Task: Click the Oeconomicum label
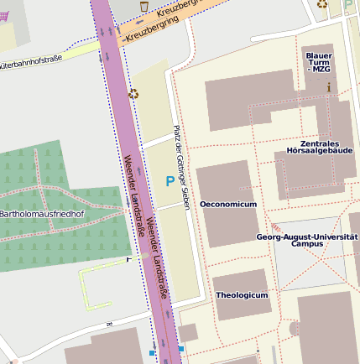(227, 204)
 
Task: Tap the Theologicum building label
(242, 295)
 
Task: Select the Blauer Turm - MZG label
(319, 62)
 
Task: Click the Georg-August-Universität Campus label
(306, 240)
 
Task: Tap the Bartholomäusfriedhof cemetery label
(41, 214)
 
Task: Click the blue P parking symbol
(170, 181)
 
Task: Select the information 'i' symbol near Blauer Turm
(329, 86)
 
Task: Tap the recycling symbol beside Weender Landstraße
(133, 93)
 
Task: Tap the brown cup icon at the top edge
(144, 5)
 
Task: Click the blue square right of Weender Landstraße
(180, 348)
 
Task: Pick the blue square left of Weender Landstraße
(152, 353)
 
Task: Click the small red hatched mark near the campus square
(275, 227)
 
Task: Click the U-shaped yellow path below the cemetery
(95, 285)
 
